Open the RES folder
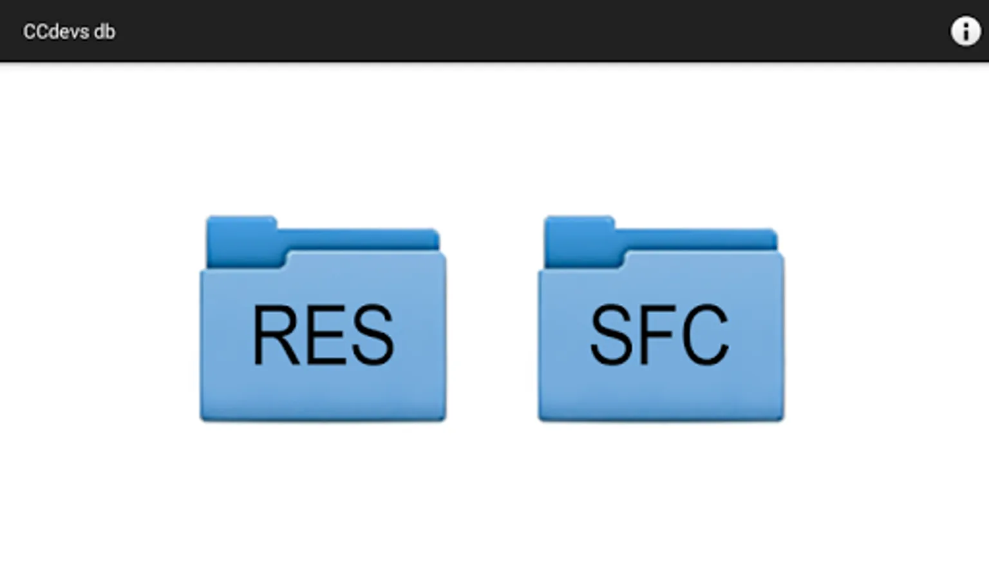click(323, 319)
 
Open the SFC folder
click(661, 319)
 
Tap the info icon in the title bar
click(966, 32)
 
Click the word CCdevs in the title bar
click(56, 32)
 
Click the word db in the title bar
click(105, 32)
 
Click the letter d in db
click(99, 32)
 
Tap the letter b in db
click(110, 32)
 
